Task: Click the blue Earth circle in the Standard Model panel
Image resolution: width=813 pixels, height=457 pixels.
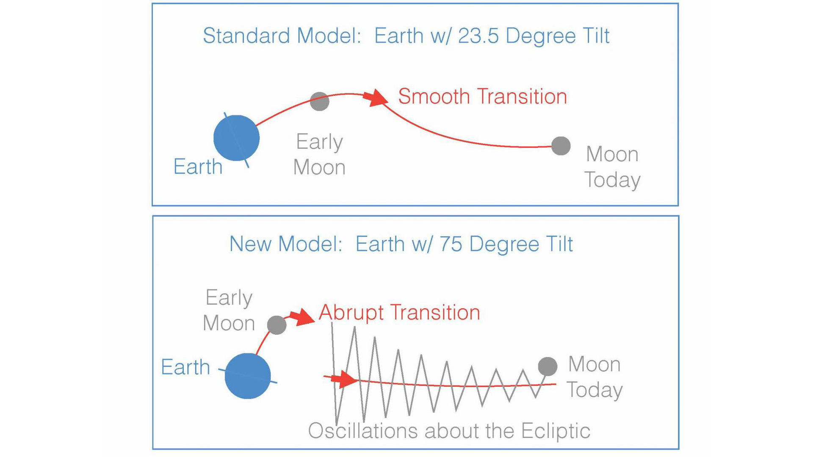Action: [236, 138]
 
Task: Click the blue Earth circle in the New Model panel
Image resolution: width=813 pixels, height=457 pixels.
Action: [248, 376]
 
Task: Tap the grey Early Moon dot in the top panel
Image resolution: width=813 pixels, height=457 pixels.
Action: [320, 101]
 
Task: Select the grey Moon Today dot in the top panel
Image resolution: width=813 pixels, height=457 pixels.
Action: [561, 146]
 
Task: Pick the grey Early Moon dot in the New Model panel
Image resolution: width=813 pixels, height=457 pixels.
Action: [277, 325]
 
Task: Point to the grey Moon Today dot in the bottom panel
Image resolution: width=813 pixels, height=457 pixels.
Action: [548, 366]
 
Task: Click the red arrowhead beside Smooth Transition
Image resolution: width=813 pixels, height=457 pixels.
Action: [377, 97]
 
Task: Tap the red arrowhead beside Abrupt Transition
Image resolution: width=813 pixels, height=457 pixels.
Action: [304, 317]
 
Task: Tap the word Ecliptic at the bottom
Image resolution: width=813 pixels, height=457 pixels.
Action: [556, 431]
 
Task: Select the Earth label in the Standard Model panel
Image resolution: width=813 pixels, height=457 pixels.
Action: [198, 167]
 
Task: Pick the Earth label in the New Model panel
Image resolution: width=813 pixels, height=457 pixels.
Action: [185, 367]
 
